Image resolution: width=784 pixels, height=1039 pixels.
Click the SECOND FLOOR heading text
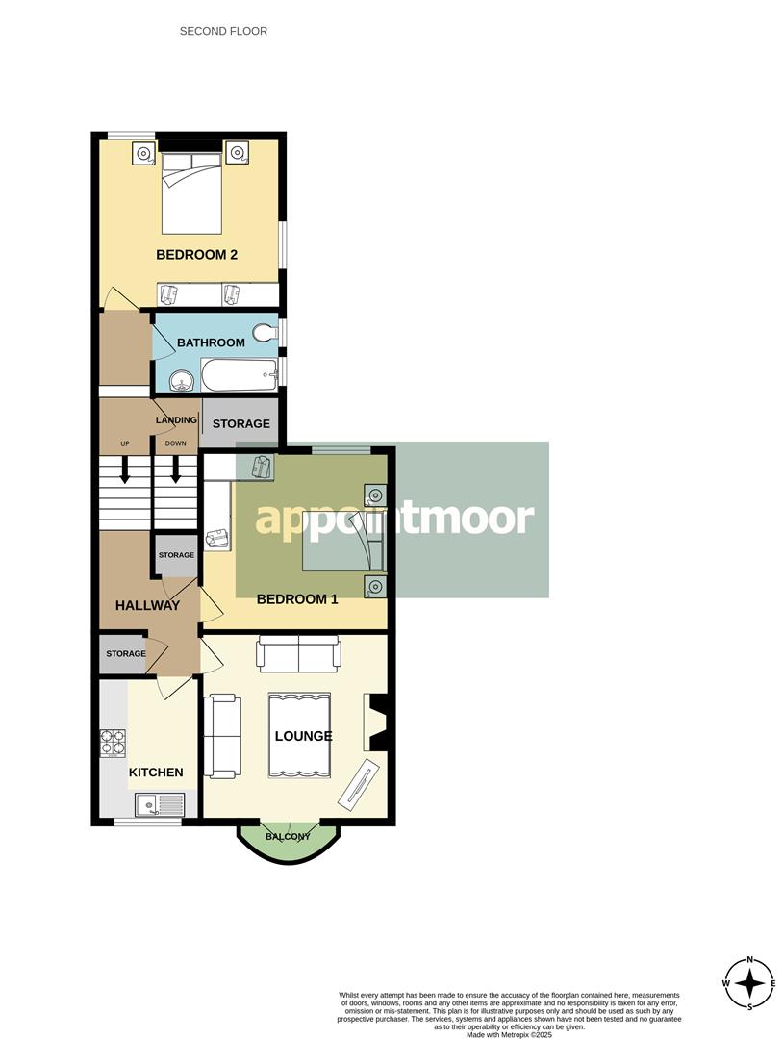[x=223, y=31]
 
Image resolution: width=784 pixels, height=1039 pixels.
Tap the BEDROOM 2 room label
[x=196, y=255]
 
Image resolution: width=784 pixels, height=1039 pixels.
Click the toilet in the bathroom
[x=265, y=335]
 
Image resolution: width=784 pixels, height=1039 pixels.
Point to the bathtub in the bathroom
[x=239, y=375]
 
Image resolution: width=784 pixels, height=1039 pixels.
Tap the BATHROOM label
[x=211, y=342]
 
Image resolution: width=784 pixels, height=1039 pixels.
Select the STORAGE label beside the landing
[x=240, y=423]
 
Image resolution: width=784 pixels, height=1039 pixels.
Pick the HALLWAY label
[x=147, y=605]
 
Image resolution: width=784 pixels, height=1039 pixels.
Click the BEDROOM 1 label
[x=297, y=598]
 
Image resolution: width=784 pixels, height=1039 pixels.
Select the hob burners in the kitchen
[x=114, y=743]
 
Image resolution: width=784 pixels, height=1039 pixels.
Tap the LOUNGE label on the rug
[x=303, y=736]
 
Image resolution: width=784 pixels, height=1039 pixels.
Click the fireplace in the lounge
[x=375, y=722]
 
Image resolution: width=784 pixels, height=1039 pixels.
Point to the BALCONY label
[x=288, y=836]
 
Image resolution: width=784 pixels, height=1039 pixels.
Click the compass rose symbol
[x=749, y=983]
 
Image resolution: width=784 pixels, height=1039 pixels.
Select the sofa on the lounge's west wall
[x=220, y=736]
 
